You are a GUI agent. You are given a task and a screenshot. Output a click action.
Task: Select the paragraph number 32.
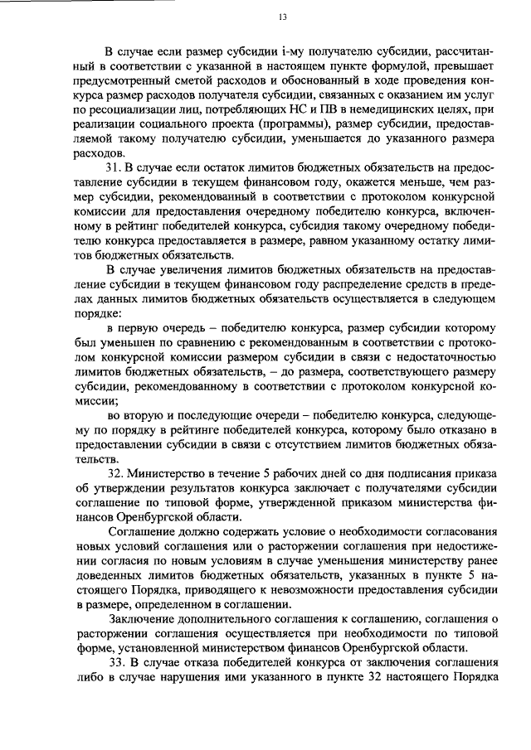coord(116,472)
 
